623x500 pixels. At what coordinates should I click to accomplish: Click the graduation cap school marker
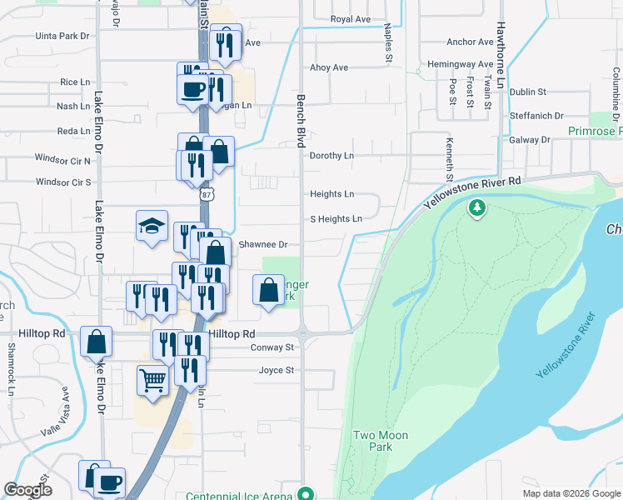152,225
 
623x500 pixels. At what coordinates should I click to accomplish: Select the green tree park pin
477,207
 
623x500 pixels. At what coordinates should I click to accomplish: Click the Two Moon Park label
372,441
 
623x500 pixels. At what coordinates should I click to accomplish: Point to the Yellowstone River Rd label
471,192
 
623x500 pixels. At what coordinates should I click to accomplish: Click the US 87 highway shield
207,194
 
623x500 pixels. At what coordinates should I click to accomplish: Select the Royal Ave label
350,18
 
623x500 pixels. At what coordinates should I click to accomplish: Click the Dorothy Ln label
331,156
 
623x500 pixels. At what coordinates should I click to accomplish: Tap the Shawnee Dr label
262,245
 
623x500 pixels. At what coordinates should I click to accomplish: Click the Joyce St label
277,370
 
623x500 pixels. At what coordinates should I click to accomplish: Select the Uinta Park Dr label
62,36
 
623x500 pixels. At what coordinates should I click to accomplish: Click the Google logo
27,490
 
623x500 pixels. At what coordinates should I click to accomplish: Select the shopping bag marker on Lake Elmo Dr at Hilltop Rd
96,341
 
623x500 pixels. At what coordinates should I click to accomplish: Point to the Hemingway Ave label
460,64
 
